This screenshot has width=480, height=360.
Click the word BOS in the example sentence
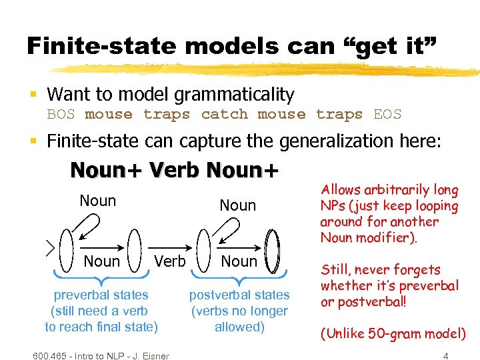tap(61, 115)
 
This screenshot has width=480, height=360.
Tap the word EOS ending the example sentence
tap(387, 115)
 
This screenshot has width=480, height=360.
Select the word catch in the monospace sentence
tap(224, 115)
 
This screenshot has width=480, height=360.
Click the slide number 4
tap(445, 356)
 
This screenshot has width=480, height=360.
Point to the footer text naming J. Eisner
tap(100, 355)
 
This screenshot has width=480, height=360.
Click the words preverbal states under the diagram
tap(101, 295)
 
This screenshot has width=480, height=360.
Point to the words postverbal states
tap(239, 295)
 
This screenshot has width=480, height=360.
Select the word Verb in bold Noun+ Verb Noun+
tap(175, 171)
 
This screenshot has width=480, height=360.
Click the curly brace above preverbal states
tap(101, 278)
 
